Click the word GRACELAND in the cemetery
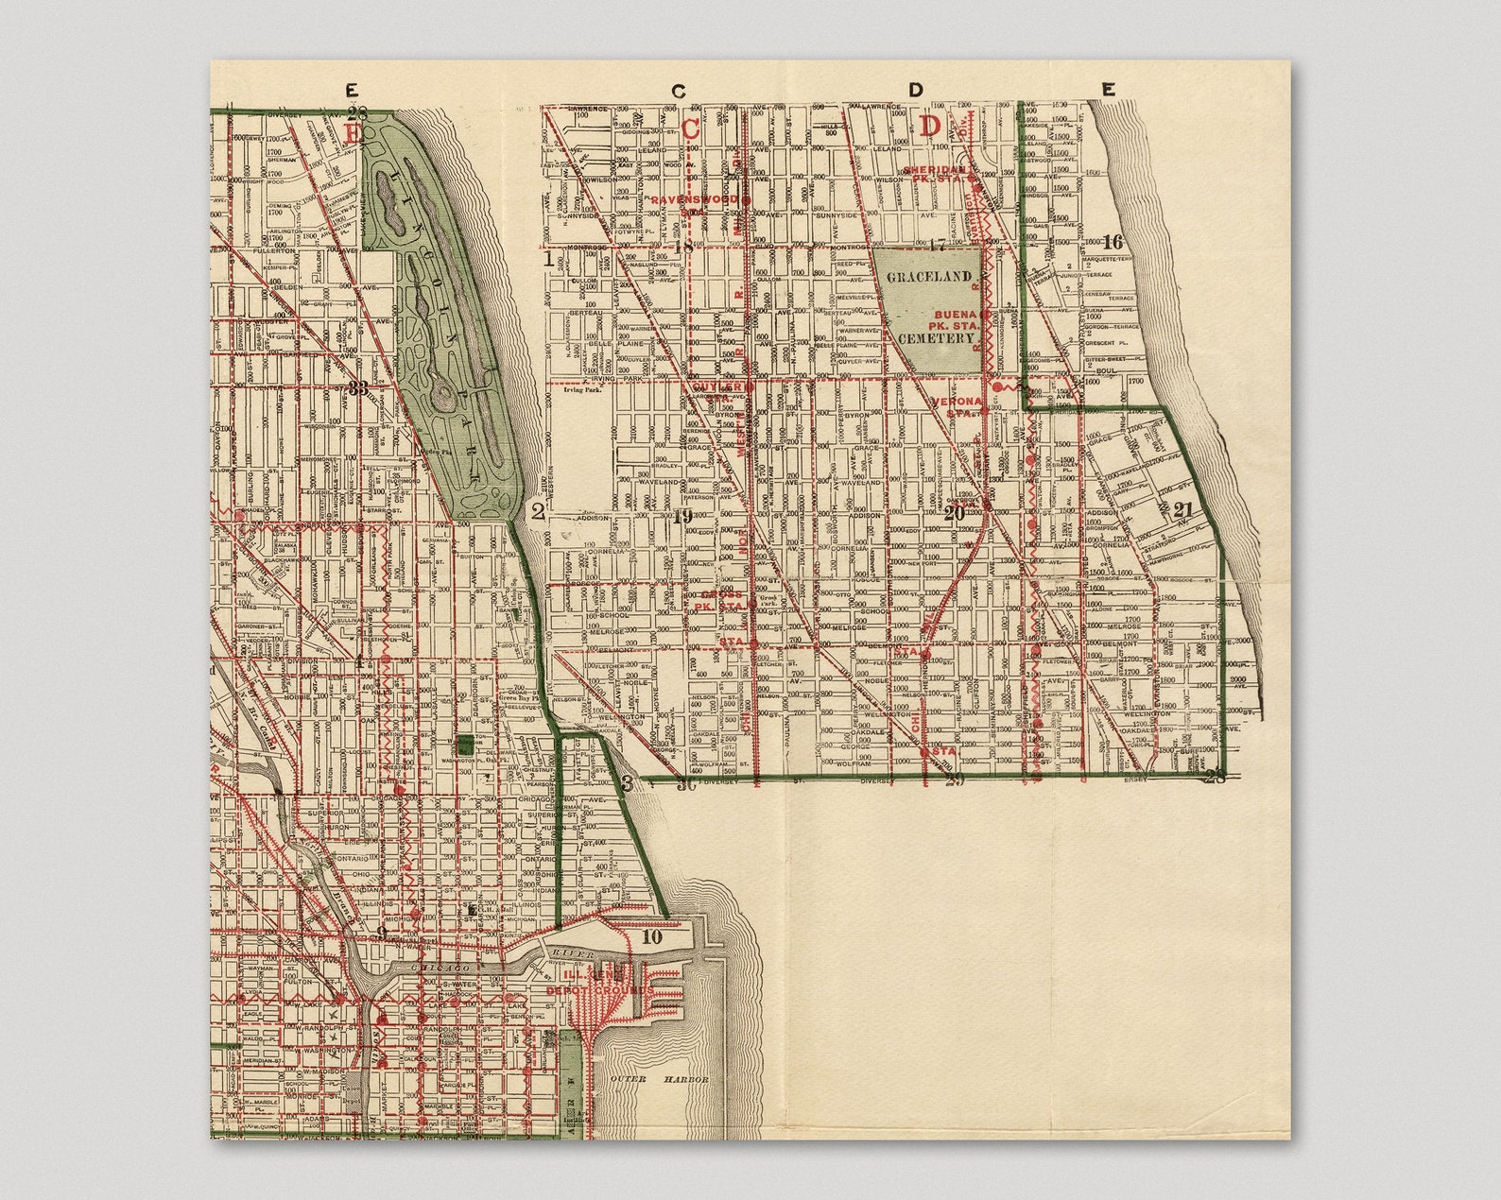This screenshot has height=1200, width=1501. (x=928, y=276)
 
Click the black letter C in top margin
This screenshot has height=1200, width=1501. (x=679, y=91)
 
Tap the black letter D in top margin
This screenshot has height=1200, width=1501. (x=915, y=91)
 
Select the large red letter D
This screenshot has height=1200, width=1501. (x=931, y=126)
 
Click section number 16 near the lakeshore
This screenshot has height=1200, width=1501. (x=1113, y=242)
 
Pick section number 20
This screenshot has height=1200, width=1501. (x=954, y=513)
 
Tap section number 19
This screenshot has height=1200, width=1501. (x=683, y=515)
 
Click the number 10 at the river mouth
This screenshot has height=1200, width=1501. (x=651, y=937)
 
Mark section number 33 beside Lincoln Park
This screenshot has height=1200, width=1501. (x=358, y=387)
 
